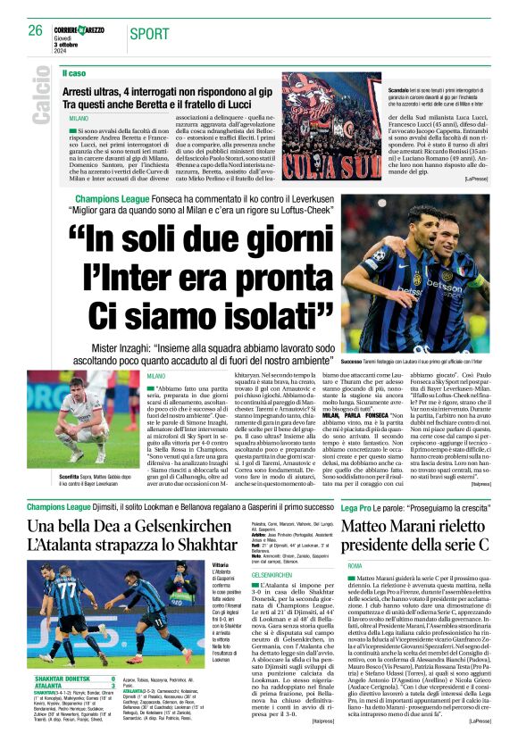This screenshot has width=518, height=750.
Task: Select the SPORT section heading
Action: tap(148, 34)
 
